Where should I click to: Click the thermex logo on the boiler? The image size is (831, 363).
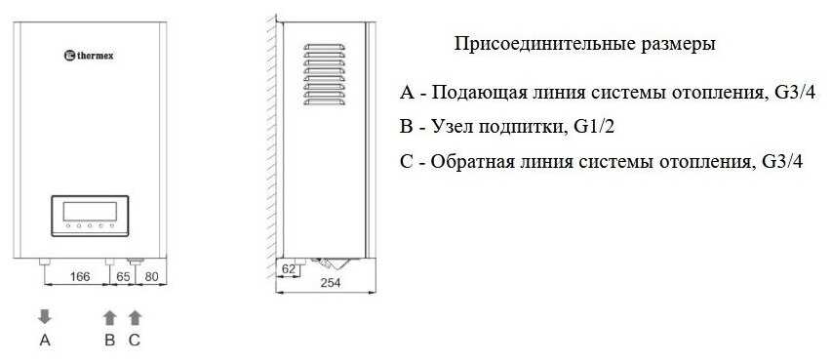(x=89, y=55)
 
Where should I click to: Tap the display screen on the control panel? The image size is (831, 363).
(x=90, y=212)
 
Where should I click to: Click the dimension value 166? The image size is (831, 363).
(x=80, y=276)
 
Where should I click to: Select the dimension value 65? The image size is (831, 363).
(x=123, y=276)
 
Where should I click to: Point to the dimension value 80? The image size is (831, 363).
(x=151, y=276)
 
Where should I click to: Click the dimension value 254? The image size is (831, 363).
(x=331, y=283)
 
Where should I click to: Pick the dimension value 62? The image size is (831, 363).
(x=289, y=269)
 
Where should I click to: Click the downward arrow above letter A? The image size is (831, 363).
(x=45, y=317)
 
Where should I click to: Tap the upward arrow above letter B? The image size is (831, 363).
(x=109, y=317)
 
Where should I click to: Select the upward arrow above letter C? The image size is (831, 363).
(x=136, y=317)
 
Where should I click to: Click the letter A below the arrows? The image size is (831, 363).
(x=45, y=341)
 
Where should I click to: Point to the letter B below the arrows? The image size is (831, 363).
(x=109, y=341)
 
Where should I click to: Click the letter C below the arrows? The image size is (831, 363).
(x=135, y=341)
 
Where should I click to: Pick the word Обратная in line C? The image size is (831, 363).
(x=476, y=162)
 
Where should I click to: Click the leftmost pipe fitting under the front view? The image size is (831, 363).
(x=45, y=262)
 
